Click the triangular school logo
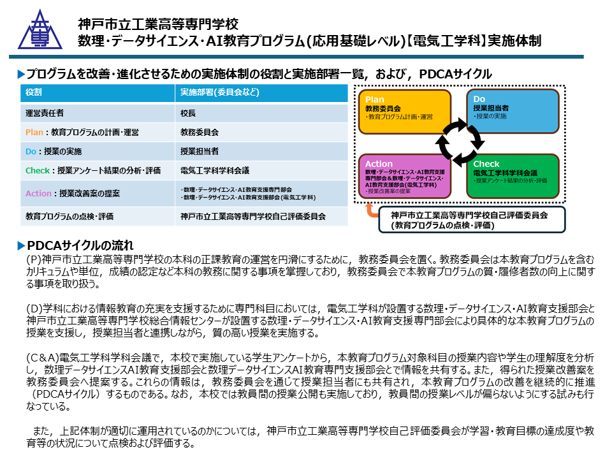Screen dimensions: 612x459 [40, 30]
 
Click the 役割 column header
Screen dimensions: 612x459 [34, 92]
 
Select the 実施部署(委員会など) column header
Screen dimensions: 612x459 [220, 92]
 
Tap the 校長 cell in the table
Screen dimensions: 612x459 [187, 113]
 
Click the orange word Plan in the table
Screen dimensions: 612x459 [34, 133]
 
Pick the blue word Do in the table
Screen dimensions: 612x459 [31, 152]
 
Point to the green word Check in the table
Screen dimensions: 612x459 [38, 171]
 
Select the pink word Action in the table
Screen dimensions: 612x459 [38, 193]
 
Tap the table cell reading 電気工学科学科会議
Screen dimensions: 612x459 [215, 171]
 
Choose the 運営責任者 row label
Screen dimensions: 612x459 [45, 113]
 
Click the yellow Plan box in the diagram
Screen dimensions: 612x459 [405, 112]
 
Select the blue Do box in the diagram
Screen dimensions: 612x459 [513, 111]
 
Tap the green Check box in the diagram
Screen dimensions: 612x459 [513, 176]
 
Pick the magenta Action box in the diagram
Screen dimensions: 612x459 [405, 176]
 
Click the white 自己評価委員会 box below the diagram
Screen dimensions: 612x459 [472, 220]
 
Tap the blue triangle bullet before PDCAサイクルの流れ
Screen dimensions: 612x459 [22, 245]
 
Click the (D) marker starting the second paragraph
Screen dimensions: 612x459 [34, 309]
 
